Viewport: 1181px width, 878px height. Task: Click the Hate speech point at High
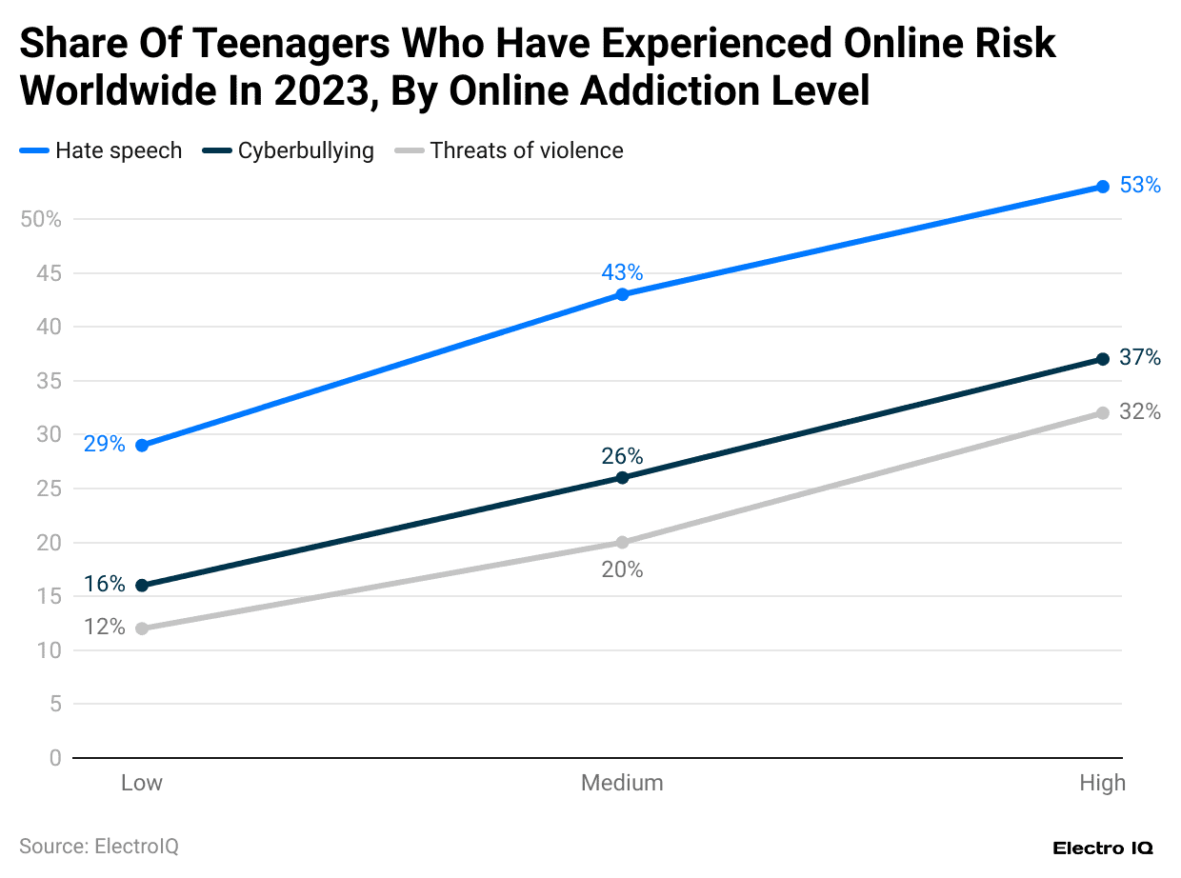pyautogui.click(x=1103, y=187)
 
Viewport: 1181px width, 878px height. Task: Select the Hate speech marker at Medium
pyautogui.click(x=622, y=294)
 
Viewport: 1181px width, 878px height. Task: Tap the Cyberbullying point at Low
pyautogui.click(x=142, y=586)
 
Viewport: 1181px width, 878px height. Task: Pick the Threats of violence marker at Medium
pyautogui.click(x=622, y=543)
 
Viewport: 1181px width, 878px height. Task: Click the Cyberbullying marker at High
pyautogui.click(x=1103, y=359)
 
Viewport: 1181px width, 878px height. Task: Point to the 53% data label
pyautogui.click(x=1140, y=186)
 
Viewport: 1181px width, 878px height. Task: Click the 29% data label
pyautogui.click(x=104, y=444)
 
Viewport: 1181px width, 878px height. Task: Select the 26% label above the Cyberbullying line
pyautogui.click(x=622, y=456)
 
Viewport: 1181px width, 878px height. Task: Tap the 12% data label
pyautogui.click(x=104, y=627)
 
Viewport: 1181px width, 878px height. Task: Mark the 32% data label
pyautogui.click(x=1140, y=412)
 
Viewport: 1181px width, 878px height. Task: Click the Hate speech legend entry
pyautogui.click(x=101, y=150)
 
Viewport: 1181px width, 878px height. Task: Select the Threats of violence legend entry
pyautogui.click(x=510, y=150)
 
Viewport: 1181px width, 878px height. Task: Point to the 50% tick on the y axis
pyautogui.click(x=40, y=220)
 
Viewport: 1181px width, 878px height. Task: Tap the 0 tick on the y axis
pyautogui.click(x=54, y=759)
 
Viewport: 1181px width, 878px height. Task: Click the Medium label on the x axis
pyautogui.click(x=622, y=783)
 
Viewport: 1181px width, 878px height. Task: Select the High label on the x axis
pyautogui.click(x=1102, y=783)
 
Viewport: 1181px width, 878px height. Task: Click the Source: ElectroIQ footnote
pyautogui.click(x=99, y=846)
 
